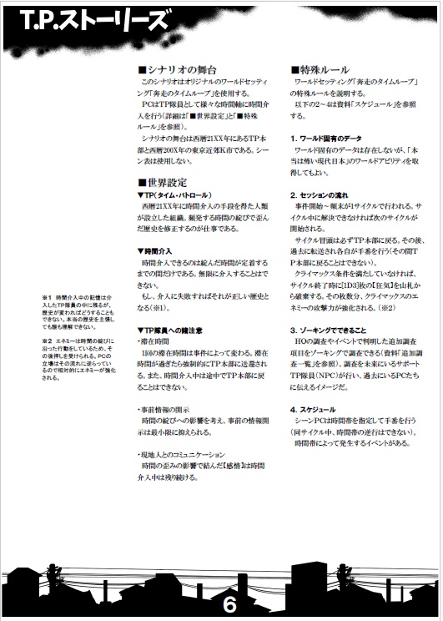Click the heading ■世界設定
pos(164,182)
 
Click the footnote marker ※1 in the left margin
pos(48,296)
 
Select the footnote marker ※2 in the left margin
pos(48,341)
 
